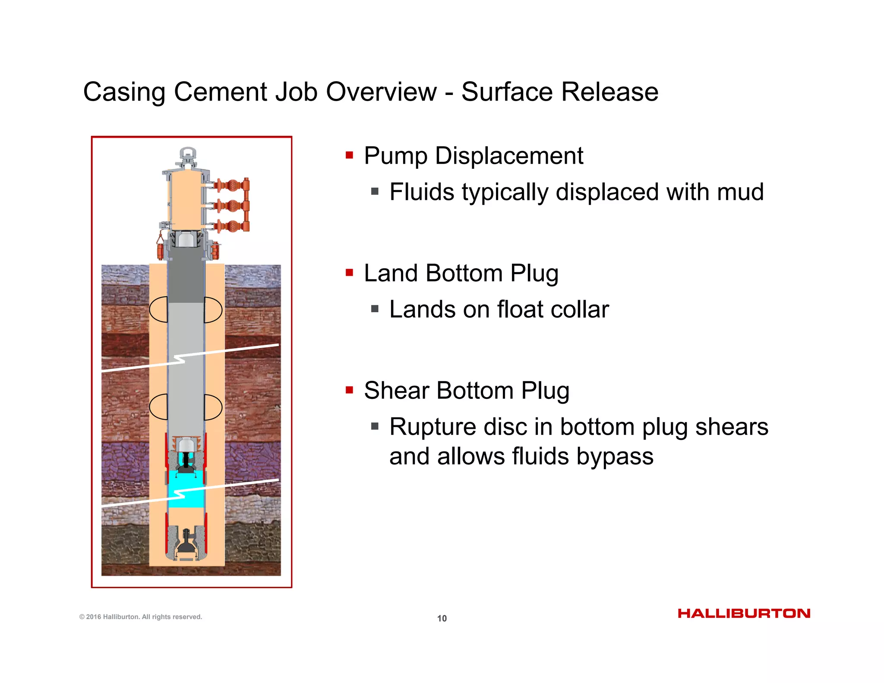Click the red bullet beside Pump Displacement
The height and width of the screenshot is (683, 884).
(x=349, y=155)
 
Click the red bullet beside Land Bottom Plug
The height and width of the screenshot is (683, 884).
(x=349, y=272)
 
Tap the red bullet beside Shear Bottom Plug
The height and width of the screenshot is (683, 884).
(x=349, y=390)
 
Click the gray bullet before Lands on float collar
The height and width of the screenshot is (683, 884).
(x=375, y=309)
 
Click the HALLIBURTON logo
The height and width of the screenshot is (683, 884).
(x=744, y=613)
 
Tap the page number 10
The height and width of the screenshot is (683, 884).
(x=442, y=618)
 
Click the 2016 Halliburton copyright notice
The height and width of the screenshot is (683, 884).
(x=141, y=617)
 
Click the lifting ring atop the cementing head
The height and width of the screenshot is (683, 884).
(x=188, y=154)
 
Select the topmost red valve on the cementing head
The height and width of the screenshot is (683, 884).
(x=233, y=186)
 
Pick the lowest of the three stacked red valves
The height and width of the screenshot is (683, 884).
(x=233, y=226)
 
